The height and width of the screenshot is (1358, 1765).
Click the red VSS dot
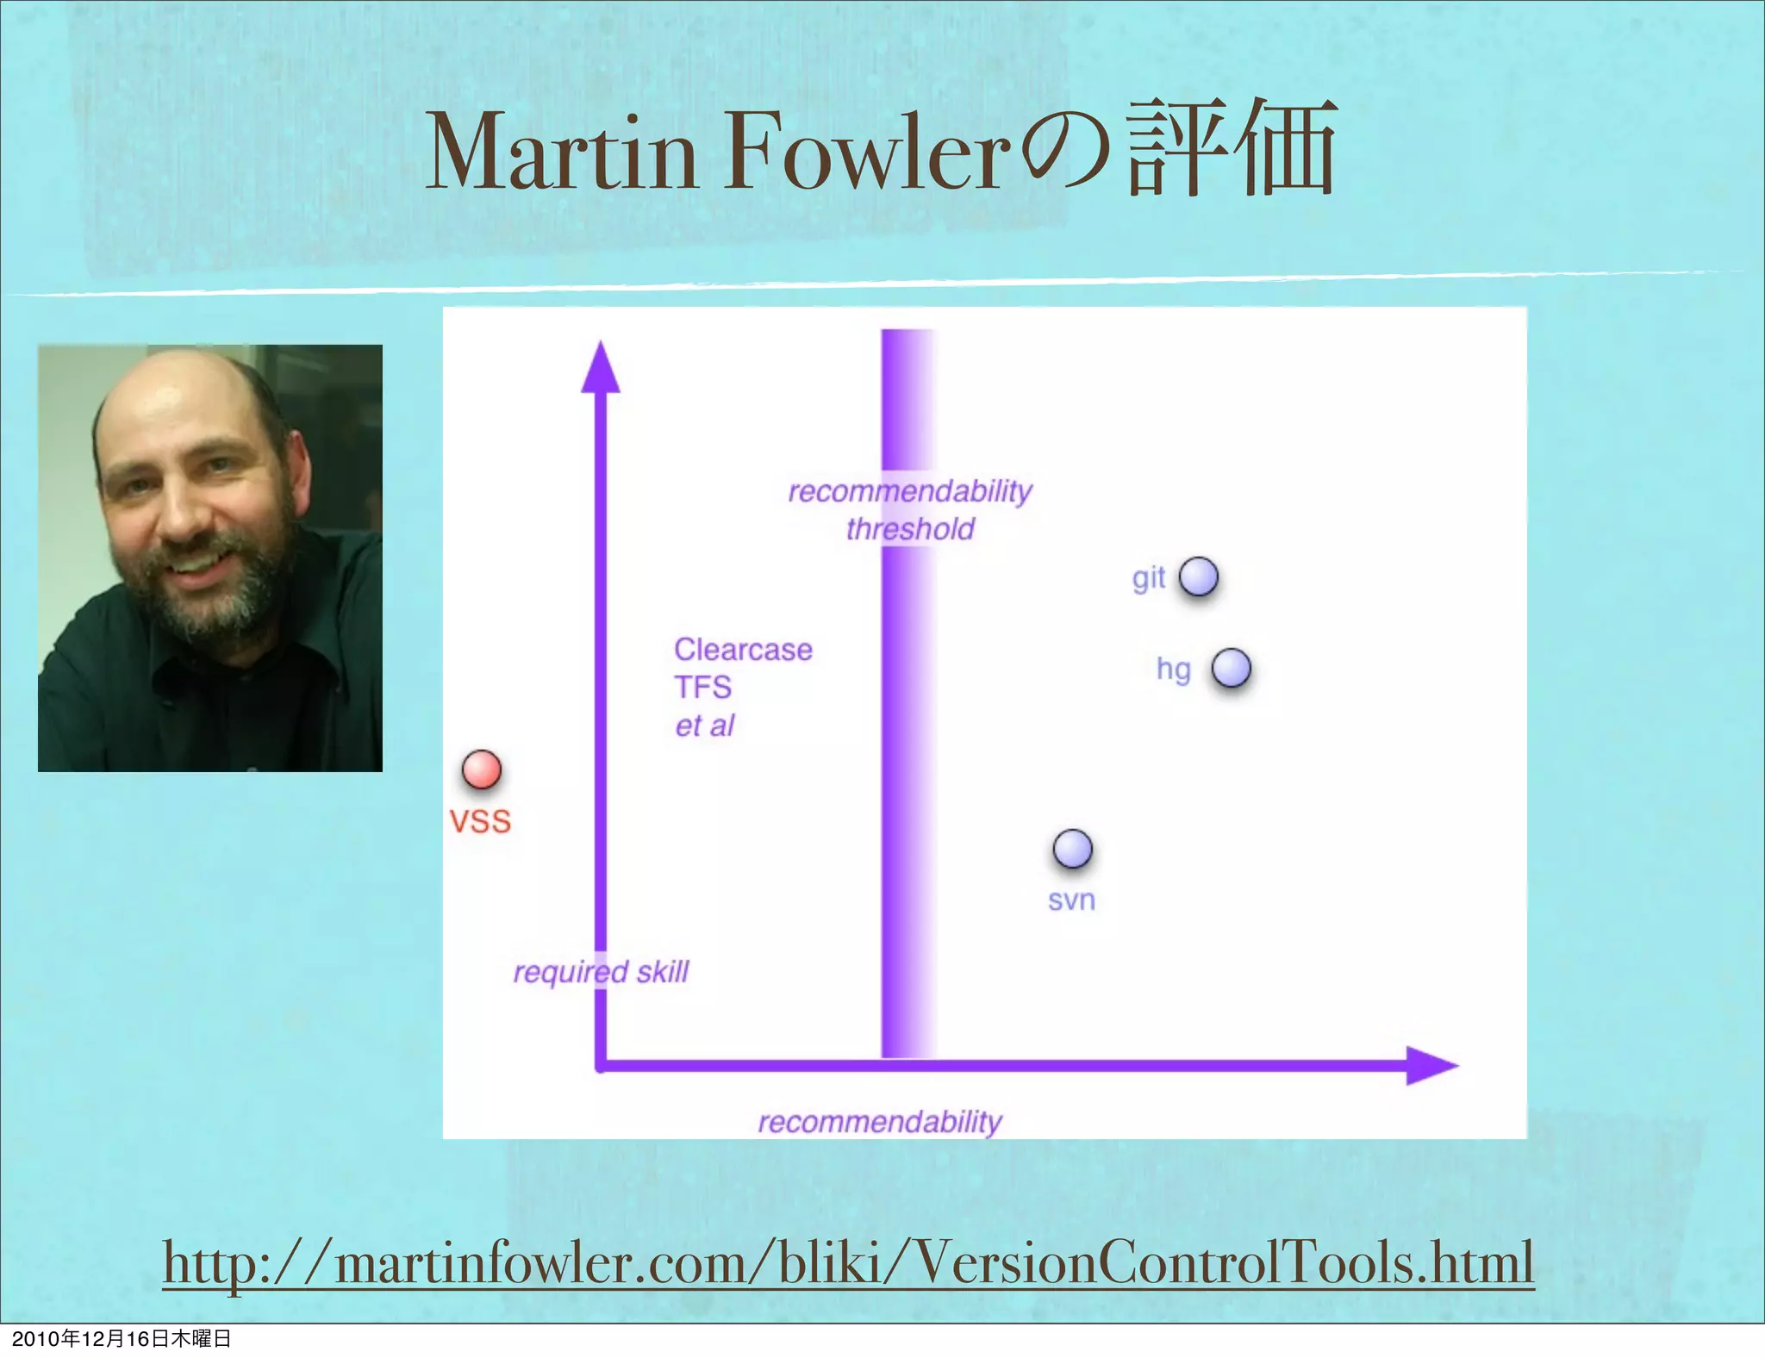pos(481,769)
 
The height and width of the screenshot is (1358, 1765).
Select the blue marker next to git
pos(1198,576)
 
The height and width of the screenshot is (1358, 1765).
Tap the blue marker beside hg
pos(1231,668)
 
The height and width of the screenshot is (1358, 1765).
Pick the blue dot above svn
pos(1072,849)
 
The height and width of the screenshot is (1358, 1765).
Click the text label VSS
pos(480,821)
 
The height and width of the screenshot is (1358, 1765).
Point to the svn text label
pos(1071,900)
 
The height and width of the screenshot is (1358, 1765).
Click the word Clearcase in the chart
pos(743,650)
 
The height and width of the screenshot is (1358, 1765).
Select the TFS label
pos(702,688)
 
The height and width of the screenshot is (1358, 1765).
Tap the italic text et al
pos(704,726)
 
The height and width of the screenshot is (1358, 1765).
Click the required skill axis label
pos(601,972)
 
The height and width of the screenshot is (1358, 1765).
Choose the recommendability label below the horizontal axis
pos(880,1122)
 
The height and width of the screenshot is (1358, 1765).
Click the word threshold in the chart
pos(910,529)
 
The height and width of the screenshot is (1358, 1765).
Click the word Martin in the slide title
pos(561,153)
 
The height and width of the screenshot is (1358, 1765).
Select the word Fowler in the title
pos(866,153)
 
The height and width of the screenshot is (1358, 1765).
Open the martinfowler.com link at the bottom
pos(849,1262)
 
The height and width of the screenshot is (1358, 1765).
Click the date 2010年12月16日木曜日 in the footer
pos(122,1338)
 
